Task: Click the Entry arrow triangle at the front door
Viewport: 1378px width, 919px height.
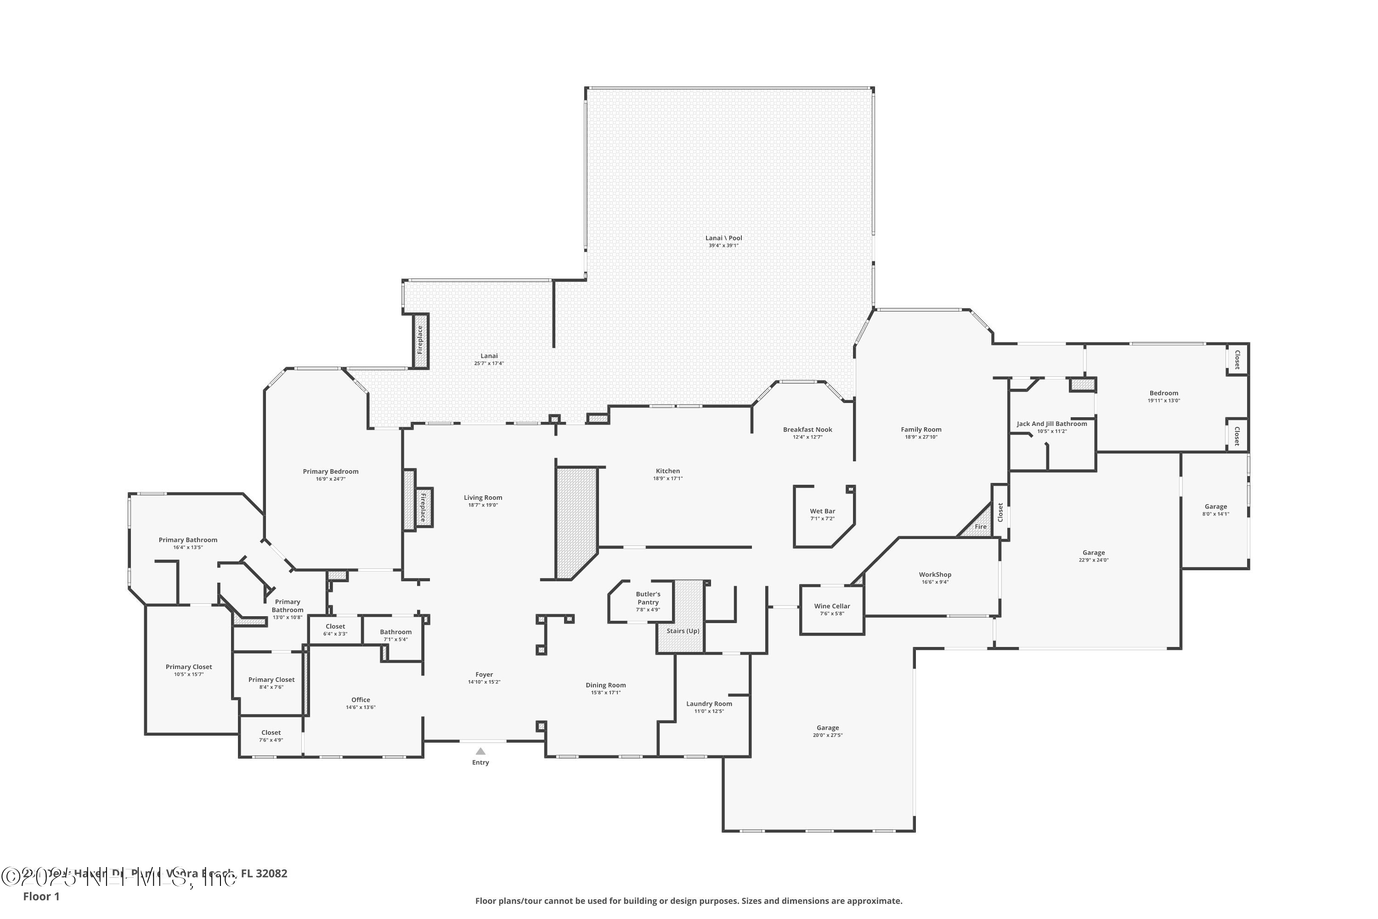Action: [480, 751]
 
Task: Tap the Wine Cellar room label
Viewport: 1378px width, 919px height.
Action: [832, 607]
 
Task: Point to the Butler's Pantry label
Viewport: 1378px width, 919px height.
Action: [648, 598]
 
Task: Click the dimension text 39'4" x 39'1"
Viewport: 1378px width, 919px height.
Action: [723, 245]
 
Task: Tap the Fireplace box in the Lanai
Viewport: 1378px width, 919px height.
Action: [420, 340]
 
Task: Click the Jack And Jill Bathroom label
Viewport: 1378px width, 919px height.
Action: [1052, 424]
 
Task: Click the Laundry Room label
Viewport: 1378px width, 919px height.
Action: [709, 704]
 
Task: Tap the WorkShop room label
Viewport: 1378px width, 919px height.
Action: [935, 575]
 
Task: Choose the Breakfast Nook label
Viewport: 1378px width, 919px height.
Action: [808, 430]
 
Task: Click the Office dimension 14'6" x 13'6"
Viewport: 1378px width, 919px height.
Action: [360, 708]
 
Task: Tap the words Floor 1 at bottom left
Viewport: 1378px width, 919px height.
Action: [41, 896]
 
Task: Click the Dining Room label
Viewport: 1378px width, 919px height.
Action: [606, 685]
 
